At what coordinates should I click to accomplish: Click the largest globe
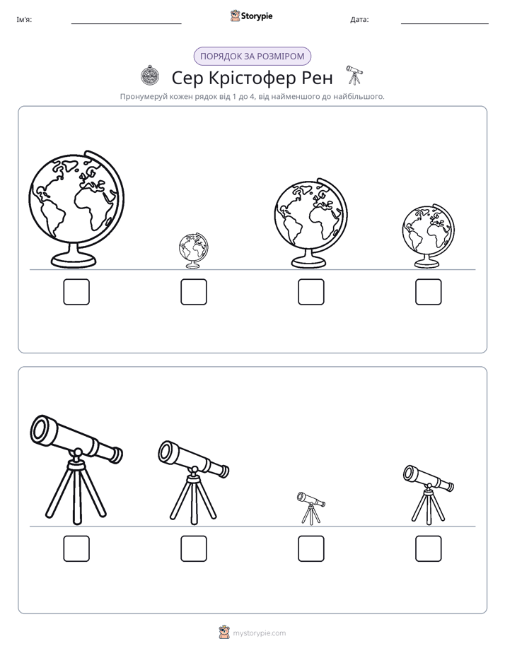point(76,208)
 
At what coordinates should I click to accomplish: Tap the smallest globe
point(193,250)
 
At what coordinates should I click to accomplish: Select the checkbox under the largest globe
point(76,292)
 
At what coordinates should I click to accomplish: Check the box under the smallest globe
point(194,292)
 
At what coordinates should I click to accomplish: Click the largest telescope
point(76,469)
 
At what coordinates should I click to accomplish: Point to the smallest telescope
point(310,507)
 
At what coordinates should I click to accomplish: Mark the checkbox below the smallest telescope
point(310,549)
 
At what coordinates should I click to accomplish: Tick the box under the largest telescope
point(76,549)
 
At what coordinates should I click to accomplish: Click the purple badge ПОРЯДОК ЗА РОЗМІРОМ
point(253,57)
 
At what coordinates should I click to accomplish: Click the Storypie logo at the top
point(251,16)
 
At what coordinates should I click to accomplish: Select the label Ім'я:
point(24,20)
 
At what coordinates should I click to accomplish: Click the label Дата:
point(359,20)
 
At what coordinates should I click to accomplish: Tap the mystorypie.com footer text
point(259,633)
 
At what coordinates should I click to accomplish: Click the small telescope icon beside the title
point(354,75)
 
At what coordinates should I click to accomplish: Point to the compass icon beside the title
point(149,76)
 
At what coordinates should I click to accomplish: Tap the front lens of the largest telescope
point(41,429)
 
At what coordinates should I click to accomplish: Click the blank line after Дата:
point(445,23)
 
